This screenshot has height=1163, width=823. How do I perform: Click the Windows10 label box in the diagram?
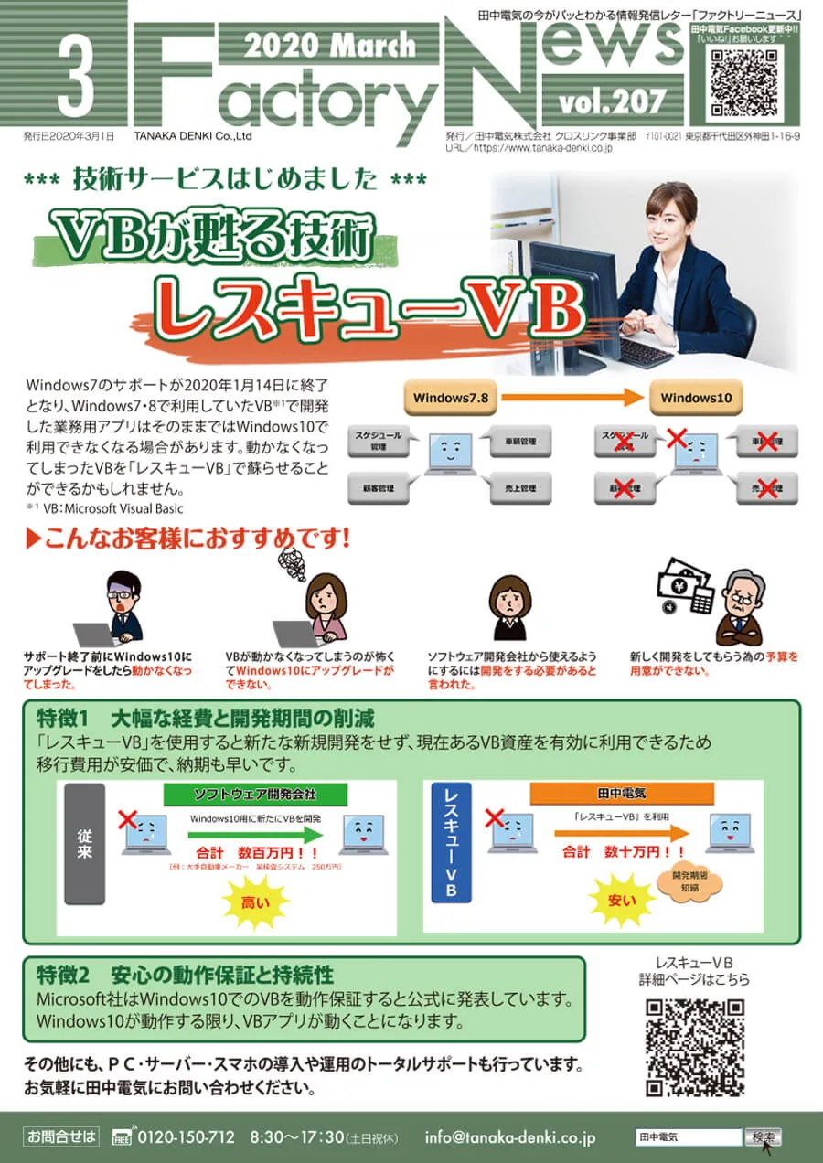click(x=696, y=398)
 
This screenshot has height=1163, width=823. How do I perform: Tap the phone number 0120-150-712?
click(x=186, y=1137)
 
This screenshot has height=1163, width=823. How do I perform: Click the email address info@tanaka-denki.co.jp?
click(x=510, y=1137)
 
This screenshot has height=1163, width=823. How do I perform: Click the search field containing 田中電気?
click(x=688, y=1137)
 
